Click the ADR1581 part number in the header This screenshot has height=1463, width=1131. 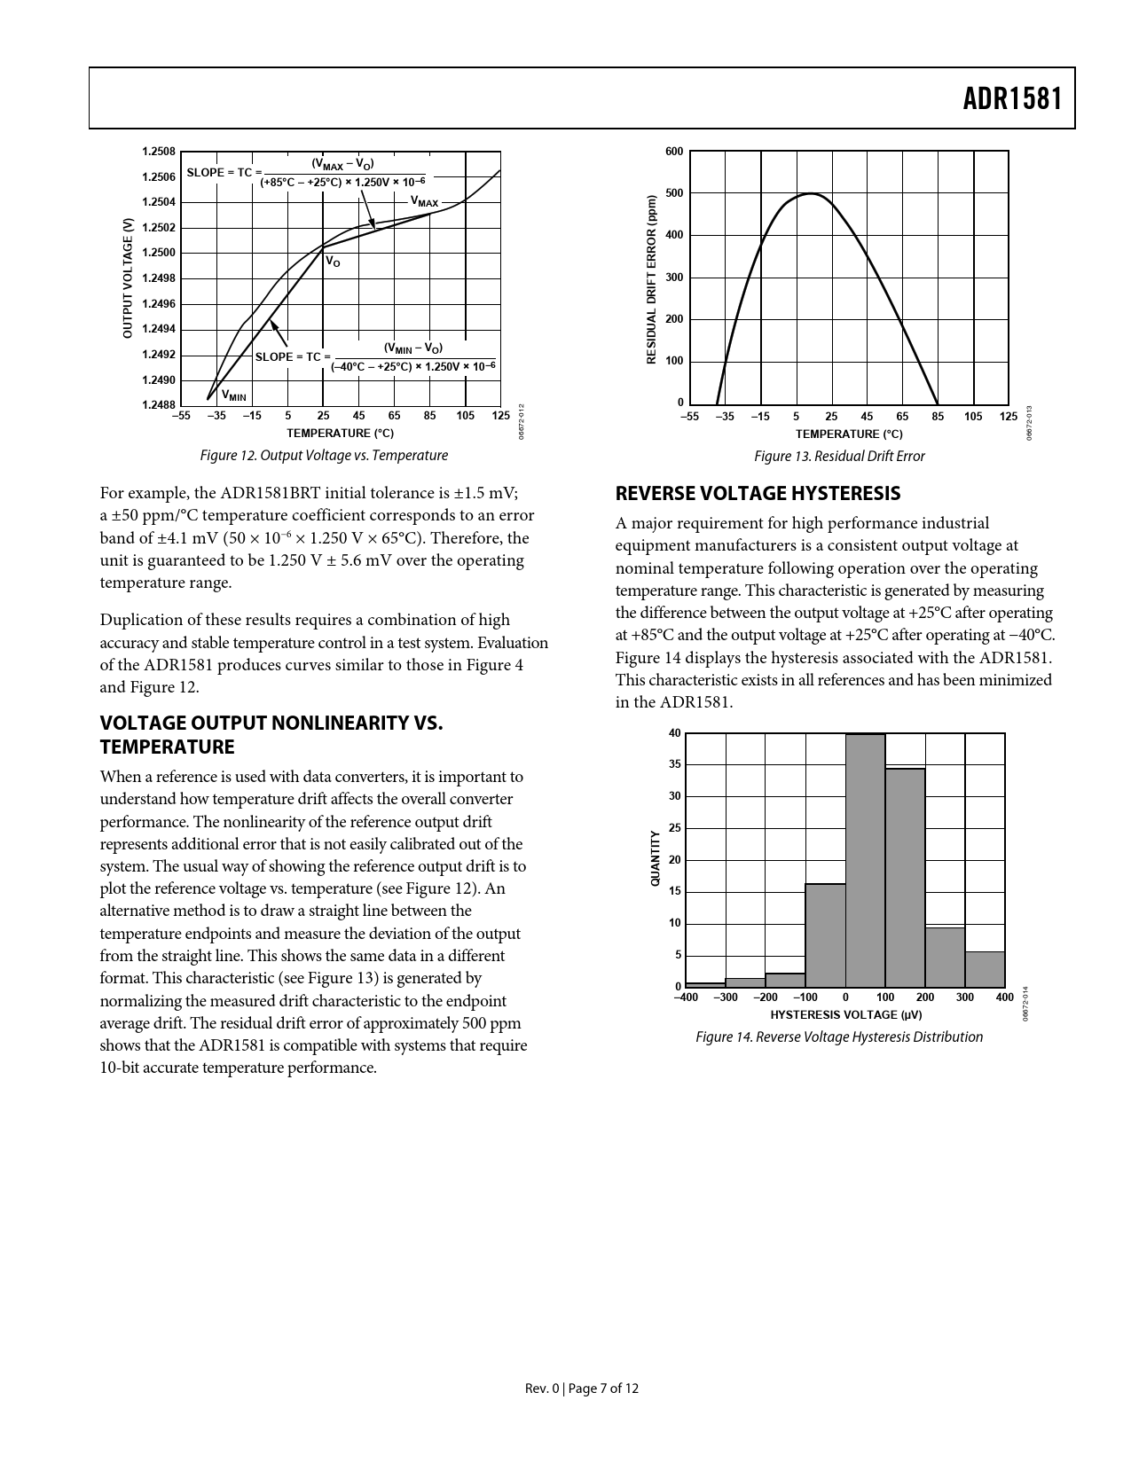(1012, 98)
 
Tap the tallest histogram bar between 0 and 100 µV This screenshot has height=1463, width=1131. (865, 860)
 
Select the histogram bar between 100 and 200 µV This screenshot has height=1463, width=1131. (905, 878)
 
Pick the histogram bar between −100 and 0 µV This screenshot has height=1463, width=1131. (825, 935)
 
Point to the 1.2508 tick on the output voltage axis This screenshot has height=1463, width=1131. (159, 152)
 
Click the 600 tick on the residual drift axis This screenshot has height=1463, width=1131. (674, 152)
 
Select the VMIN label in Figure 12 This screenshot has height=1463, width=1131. (233, 395)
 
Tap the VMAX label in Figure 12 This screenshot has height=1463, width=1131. (424, 202)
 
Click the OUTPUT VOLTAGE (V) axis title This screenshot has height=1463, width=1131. (128, 278)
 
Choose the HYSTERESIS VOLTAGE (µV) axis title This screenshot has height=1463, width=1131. (845, 1014)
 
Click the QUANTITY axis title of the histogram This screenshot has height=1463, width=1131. (656, 858)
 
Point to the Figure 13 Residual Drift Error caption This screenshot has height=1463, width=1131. (838, 456)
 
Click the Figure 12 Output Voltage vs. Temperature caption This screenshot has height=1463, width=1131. (324, 455)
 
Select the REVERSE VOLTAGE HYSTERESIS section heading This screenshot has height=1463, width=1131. (758, 493)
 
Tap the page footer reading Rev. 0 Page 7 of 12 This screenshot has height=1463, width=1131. (581, 1389)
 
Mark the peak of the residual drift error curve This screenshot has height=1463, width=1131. (812, 193)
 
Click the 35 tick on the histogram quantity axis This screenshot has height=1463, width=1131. (675, 764)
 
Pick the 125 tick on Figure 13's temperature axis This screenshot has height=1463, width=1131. (1008, 417)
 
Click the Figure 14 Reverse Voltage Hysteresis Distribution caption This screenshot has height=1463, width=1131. (839, 1037)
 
